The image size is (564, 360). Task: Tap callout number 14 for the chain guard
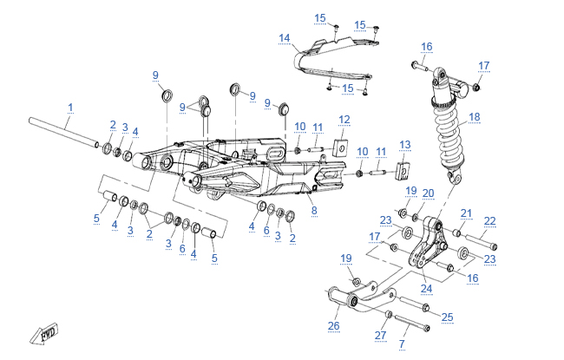click(x=284, y=37)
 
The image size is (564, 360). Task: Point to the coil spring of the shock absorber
click(x=451, y=130)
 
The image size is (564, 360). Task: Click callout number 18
click(x=498, y=116)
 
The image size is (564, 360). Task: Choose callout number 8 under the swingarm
click(x=313, y=210)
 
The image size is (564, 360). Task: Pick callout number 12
click(x=344, y=119)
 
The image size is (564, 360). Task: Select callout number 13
click(x=404, y=144)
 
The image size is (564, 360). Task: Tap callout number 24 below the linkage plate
click(x=426, y=288)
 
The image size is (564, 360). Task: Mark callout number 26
click(x=334, y=326)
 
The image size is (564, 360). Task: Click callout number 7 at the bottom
click(x=402, y=344)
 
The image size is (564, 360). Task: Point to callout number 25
click(x=448, y=317)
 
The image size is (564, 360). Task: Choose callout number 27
click(x=379, y=335)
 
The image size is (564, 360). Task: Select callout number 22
click(x=490, y=220)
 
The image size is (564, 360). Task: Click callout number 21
click(x=466, y=213)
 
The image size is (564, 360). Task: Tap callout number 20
click(x=428, y=192)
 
